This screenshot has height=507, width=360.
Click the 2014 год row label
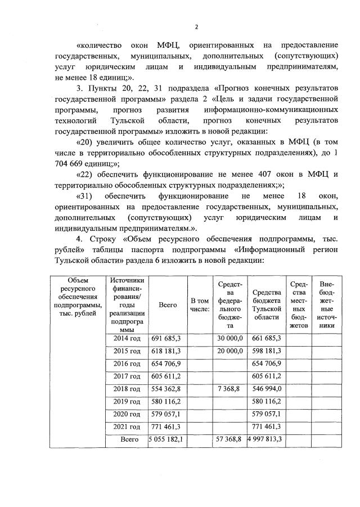pos(126,338)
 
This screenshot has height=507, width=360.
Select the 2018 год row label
pos(126,389)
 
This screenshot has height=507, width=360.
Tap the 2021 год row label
pos(126,427)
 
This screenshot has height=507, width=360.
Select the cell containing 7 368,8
pos(231,389)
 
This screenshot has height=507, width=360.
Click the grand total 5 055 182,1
pos(167,439)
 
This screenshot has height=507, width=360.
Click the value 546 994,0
pos(267,389)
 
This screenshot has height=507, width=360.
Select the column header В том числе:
pos(200,304)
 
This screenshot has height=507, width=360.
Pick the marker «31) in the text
pos(85,195)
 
